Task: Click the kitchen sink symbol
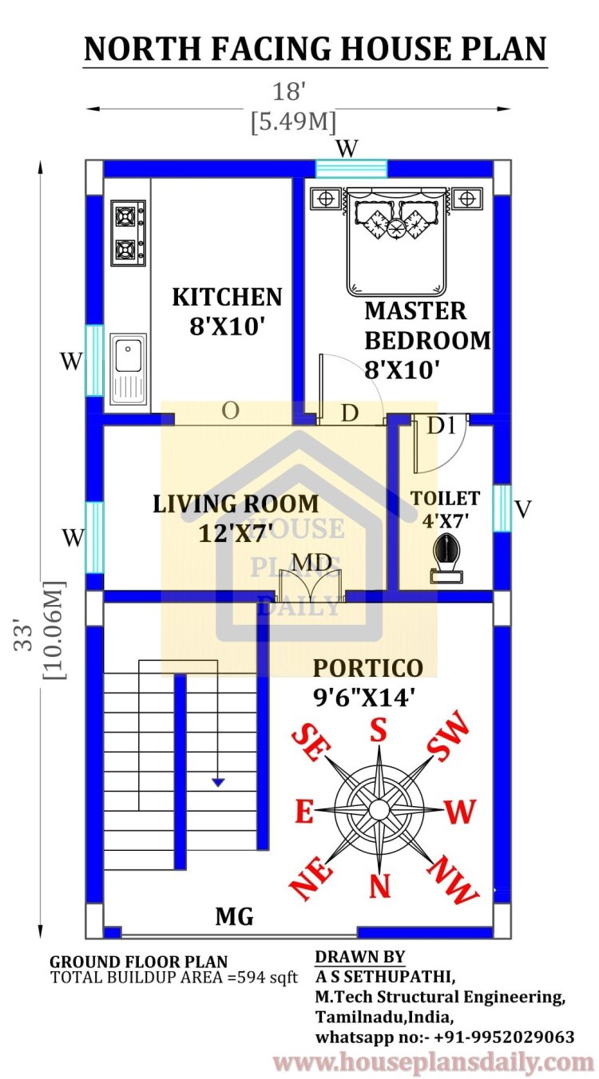click(x=128, y=366)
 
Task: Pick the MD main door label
click(x=311, y=563)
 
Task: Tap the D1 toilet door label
click(x=440, y=426)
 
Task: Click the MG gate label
click(x=234, y=917)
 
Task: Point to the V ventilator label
click(x=522, y=509)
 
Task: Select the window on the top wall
click(x=351, y=168)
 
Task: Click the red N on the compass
click(x=379, y=885)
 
